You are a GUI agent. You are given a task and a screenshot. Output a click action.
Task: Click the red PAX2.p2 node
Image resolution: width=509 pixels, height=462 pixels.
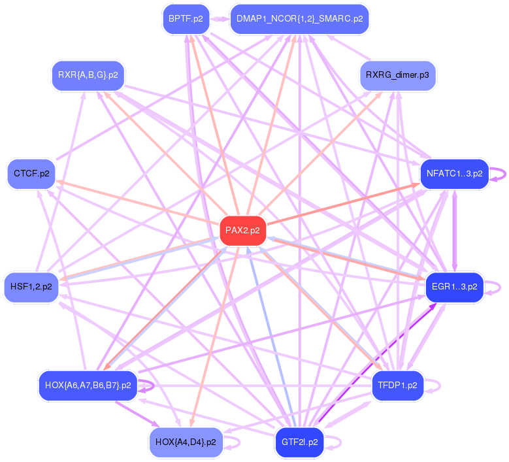(x=242, y=230)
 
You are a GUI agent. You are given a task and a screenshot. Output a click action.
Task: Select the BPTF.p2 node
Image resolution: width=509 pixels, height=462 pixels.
(x=186, y=19)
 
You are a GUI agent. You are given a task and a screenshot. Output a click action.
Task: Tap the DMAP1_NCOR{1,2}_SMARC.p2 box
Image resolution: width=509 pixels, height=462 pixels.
(x=299, y=19)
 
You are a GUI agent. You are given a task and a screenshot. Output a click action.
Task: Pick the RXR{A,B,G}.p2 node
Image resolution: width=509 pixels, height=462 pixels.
(x=88, y=74)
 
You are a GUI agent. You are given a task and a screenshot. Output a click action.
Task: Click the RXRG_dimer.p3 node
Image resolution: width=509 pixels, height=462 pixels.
(x=397, y=75)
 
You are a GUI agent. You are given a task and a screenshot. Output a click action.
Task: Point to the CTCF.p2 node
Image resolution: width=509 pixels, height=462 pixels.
(x=31, y=174)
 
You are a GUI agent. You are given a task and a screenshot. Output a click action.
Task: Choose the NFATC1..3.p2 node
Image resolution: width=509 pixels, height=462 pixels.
(x=454, y=174)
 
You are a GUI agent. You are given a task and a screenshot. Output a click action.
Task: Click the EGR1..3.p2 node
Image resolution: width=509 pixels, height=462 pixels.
(x=454, y=286)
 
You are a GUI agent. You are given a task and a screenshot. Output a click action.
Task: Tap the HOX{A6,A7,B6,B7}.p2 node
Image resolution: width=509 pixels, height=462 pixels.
(x=88, y=385)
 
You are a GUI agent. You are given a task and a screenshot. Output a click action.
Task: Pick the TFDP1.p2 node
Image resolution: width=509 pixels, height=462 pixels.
(x=397, y=385)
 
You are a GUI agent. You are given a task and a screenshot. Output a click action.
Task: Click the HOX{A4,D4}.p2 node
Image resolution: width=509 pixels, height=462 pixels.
(x=186, y=442)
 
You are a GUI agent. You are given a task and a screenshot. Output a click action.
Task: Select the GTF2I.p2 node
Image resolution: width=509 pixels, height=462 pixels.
(x=299, y=442)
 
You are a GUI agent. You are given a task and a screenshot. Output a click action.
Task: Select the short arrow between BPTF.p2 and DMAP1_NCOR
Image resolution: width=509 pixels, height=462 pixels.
(x=220, y=19)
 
